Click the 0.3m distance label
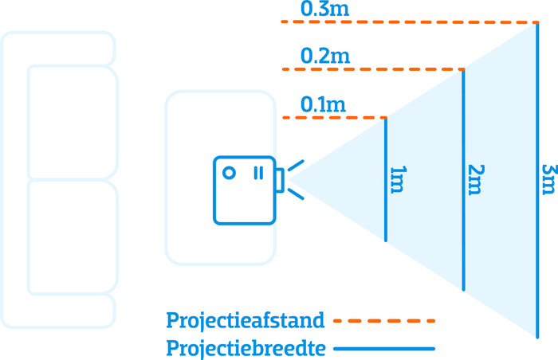coord(324,9)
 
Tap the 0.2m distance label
coord(325,56)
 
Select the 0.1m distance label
coord(323,104)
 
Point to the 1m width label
coord(399,180)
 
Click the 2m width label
coord(476,180)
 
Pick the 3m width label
coord(549,179)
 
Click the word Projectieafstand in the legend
coord(246,321)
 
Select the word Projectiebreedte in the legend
coord(246,348)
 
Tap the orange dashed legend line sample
coord(384,321)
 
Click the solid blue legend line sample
coord(384,349)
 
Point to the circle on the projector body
coord(229,173)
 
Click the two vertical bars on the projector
coord(259,173)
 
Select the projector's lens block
coord(280,180)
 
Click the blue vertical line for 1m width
coord(386,180)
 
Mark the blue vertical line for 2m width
coord(463,180)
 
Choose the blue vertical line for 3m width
coord(537,180)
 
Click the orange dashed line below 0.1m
coord(335,117)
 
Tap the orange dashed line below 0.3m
coord(410,22)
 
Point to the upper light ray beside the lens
coord(296,166)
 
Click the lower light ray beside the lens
coord(296,194)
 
